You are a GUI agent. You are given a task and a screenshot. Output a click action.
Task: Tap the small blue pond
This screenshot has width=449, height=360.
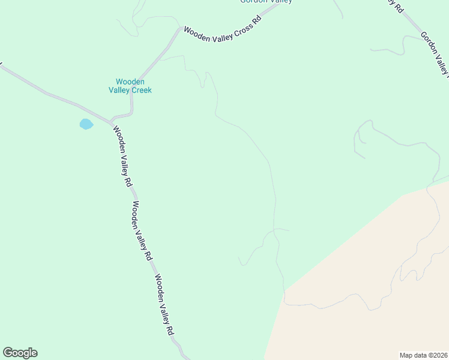(x=86, y=124)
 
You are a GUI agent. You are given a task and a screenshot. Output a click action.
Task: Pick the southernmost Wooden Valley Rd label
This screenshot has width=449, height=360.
(x=164, y=305)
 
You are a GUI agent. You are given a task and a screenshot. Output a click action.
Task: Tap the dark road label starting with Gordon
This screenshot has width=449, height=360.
(x=435, y=53)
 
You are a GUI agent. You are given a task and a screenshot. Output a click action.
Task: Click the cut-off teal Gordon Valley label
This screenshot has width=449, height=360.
(x=266, y=2)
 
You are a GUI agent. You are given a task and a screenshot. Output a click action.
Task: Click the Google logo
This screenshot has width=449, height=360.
(x=20, y=353)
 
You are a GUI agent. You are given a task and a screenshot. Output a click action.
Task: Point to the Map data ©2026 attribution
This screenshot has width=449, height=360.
(x=423, y=355)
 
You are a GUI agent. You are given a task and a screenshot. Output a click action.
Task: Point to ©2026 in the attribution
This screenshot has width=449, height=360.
(x=436, y=355)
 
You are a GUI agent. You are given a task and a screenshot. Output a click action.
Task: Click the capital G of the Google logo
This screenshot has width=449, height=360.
(x=8, y=353)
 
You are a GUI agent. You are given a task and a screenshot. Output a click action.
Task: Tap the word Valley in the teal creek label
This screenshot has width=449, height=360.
(x=118, y=91)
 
